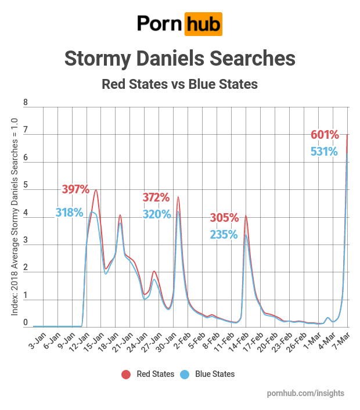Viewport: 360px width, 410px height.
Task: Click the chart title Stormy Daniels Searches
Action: (x=179, y=59)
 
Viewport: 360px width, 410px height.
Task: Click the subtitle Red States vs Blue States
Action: (x=179, y=84)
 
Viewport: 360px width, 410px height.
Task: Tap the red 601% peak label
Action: (x=325, y=135)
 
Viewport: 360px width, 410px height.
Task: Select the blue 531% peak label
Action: (x=325, y=152)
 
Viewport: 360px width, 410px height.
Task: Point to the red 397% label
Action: (x=75, y=189)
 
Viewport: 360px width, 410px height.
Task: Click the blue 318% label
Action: (x=70, y=213)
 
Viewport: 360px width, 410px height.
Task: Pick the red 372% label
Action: (x=156, y=197)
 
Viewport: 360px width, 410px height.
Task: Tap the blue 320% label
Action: (x=156, y=214)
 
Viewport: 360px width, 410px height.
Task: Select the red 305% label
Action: (x=224, y=218)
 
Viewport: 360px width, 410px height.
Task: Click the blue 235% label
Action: (x=224, y=235)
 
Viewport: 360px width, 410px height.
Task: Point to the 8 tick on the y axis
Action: (x=25, y=103)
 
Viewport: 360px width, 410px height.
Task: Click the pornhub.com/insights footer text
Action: (x=305, y=393)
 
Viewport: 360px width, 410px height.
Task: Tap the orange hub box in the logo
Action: (x=203, y=24)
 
